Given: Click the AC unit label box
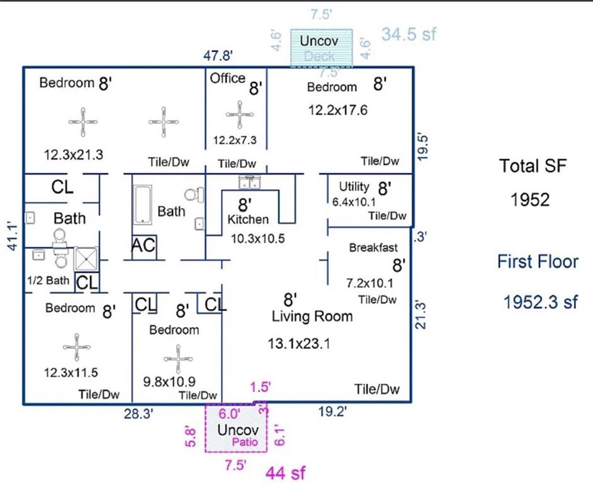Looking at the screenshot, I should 144,247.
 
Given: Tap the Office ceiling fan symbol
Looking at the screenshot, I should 240,114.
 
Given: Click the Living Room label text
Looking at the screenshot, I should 312,316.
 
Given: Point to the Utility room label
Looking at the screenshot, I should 354,187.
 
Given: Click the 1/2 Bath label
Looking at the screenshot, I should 48,280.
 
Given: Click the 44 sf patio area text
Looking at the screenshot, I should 286,472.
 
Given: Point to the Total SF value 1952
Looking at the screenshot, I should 530,200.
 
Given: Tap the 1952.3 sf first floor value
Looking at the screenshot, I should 540,302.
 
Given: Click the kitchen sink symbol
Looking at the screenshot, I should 250,182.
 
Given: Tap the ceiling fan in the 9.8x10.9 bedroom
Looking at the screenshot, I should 176,358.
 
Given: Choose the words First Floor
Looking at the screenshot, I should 538,262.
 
